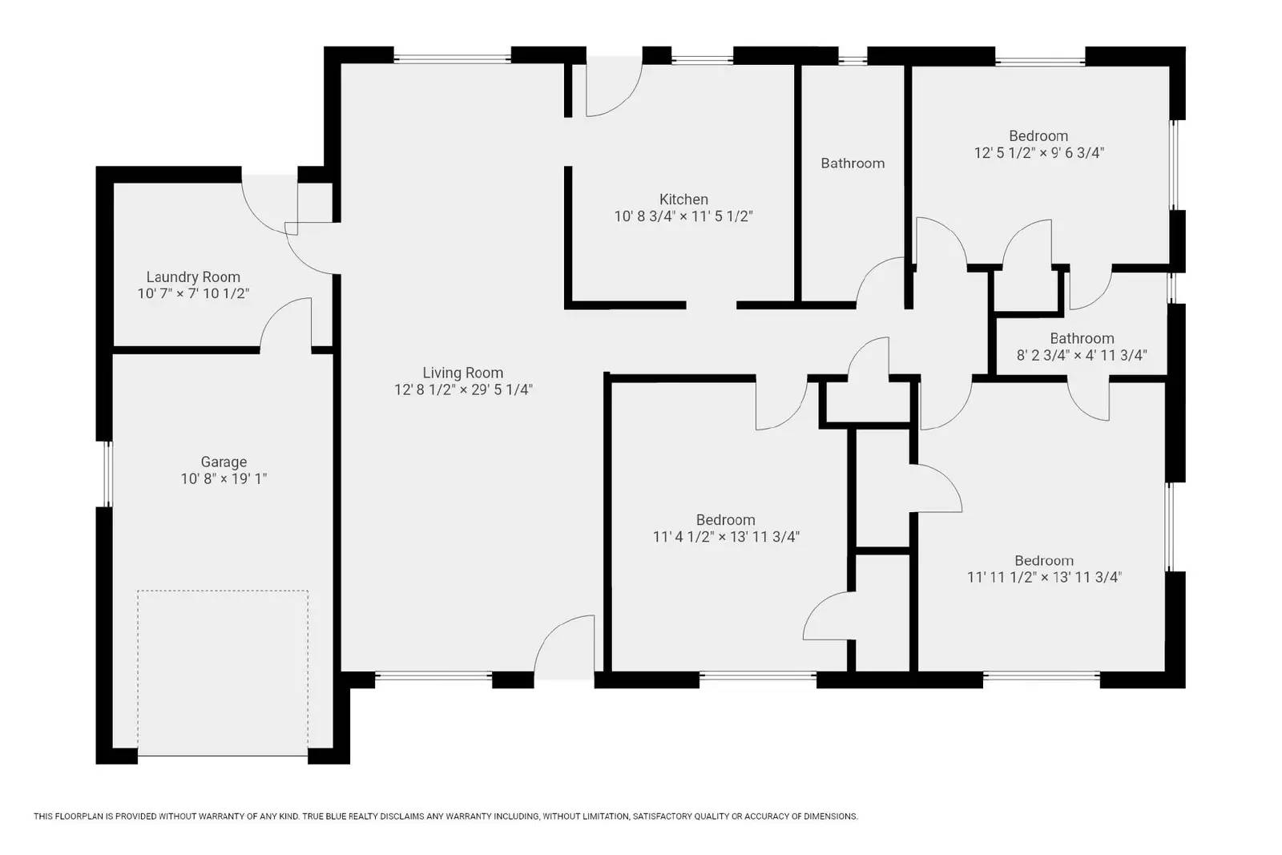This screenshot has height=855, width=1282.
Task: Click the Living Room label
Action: tap(462, 373)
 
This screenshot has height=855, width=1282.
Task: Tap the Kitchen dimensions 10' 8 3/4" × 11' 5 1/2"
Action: tap(683, 216)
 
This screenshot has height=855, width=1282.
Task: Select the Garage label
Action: tap(224, 462)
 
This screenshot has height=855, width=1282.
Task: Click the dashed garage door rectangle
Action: tap(223, 671)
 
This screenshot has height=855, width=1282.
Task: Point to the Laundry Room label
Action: tap(193, 277)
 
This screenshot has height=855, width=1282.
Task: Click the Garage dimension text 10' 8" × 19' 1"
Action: tap(224, 479)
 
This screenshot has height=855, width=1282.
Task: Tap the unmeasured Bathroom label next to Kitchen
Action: tap(853, 163)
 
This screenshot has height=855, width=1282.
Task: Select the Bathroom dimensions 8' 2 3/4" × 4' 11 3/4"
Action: tap(1082, 355)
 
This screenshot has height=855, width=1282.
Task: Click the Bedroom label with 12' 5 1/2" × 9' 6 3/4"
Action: tap(1038, 136)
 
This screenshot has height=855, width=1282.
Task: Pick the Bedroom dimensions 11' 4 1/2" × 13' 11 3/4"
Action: tap(726, 537)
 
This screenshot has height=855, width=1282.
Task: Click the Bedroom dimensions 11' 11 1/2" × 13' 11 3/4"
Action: tap(1043, 577)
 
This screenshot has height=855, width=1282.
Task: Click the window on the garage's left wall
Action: tap(105, 474)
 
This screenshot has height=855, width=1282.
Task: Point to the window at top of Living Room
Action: tap(452, 58)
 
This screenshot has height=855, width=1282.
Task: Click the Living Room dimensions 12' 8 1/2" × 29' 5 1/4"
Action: tap(462, 390)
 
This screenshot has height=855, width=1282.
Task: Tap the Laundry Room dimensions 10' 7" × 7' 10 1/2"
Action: tap(193, 294)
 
